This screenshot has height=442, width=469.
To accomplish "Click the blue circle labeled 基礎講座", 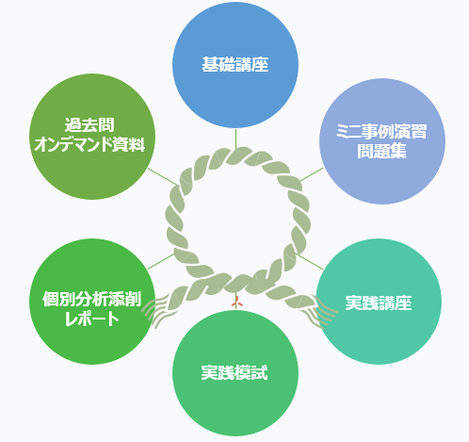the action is pos(235,65).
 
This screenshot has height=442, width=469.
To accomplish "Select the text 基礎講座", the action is pos(235,65).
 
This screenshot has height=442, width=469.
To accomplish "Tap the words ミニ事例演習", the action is pos(381,131).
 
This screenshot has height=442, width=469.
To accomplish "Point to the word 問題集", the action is pos(381,151).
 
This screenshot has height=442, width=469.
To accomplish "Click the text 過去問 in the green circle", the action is pos(89,124).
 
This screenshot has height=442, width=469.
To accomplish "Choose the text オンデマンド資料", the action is pos(89,144).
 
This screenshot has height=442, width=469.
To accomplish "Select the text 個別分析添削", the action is pos(91,299).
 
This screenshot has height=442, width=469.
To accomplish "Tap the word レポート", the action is pos(91,319).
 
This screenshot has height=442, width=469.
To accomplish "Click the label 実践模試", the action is pos(234,372).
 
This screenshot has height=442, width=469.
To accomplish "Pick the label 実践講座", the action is pos(379,303).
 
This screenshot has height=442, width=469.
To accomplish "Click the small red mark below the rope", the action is pos(236,303).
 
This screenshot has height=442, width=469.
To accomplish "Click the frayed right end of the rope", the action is pos(322,311).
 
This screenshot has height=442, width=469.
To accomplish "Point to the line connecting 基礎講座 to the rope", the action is pos(235,139).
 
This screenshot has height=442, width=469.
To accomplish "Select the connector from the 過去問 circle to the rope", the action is pos(163,177).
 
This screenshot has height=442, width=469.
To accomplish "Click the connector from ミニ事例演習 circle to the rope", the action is pos(312,174).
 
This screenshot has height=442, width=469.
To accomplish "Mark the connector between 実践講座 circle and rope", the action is pos(310,261).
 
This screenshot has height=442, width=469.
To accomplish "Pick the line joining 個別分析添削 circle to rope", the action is pos(161,261).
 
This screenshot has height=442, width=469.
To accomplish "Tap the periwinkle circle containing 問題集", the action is pos(382,141).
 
